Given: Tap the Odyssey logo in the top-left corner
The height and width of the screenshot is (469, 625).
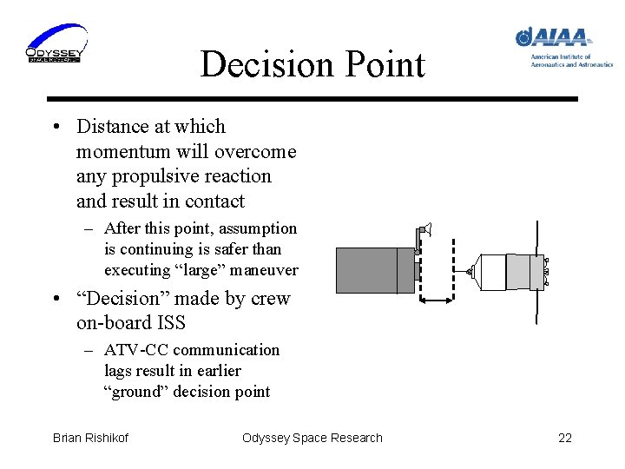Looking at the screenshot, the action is (x=55, y=44).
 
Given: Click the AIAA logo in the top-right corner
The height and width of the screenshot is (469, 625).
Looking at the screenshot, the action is (x=561, y=46).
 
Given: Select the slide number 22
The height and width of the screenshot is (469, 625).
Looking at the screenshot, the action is (x=564, y=438).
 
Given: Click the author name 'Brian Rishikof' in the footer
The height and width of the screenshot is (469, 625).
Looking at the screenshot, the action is (x=90, y=438).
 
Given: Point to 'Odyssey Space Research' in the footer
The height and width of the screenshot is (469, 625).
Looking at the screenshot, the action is (x=312, y=438).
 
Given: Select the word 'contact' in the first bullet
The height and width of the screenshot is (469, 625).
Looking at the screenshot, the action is (x=214, y=201).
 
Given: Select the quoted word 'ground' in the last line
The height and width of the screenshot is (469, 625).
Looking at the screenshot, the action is (x=137, y=392).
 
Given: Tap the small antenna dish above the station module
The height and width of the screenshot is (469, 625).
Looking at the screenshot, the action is (x=424, y=230).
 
